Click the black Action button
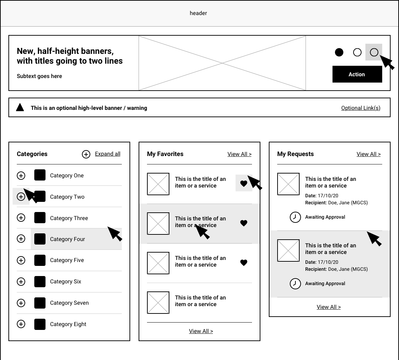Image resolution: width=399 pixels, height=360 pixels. pyautogui.click(x=357, y=75)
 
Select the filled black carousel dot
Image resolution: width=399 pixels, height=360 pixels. pyautogui.click(x=339, y=52)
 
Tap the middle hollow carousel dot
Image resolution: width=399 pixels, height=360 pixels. pyautogui.click(x=357, y=52)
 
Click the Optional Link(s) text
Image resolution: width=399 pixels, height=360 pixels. pyautogui.click(x=360, y=108)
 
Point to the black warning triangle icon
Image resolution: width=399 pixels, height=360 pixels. pyautogui.click(x=20, y=108)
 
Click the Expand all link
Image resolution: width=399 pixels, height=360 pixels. pyautogui.click(x=107, y=154)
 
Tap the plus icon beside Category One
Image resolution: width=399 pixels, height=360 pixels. pyautogui.click(x=21, y=176)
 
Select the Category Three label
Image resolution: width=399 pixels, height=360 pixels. pyautogui.click(x=69, y=218)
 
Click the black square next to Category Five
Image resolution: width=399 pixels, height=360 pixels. pyautogui.click(x=40, y=260)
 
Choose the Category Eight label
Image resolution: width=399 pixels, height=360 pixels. pyautogui.click(x=68, y=324)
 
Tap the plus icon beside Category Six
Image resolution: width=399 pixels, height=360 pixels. pyautogui.click(x=21, y=282)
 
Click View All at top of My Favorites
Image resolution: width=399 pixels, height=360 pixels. pyautogui.click(x=239, y=154)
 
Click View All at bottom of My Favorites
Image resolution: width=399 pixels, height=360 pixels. pyautogui.click(x=201, y=331)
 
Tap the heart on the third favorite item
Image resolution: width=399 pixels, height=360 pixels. pyautogui.click(x=244, y=263)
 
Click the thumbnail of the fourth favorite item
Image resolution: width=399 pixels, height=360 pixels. pyautogui.click(x=158, y=303)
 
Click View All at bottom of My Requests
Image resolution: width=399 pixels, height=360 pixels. pyautogui.click(x=329, y=307)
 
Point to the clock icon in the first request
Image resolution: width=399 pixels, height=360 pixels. pyautogui.click(x=295, y=217)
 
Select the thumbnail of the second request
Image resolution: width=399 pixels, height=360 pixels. pyautogui.click(x=288, y=250)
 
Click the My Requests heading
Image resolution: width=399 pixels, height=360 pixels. pyautogui.click(x=295, y=154)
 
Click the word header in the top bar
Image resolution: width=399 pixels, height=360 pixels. pyautogui.click(x=198, y=13)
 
